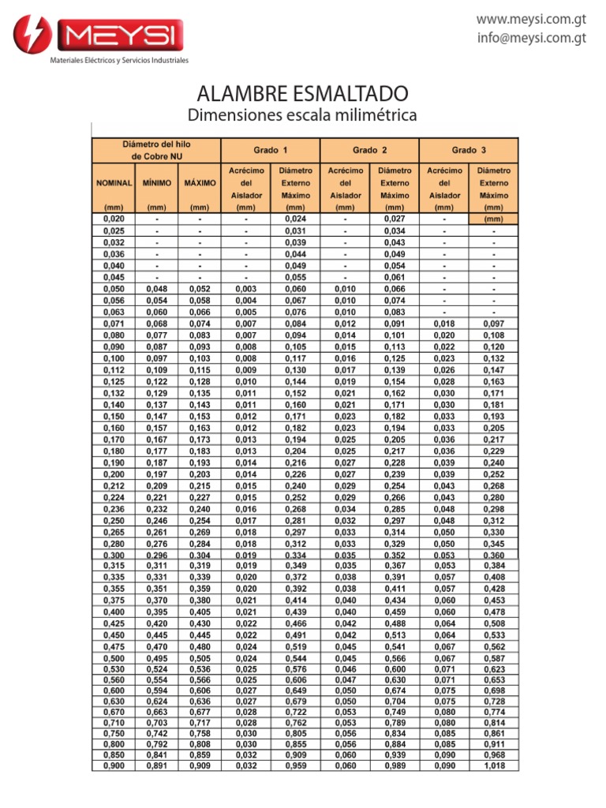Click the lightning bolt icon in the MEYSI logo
(32, 35)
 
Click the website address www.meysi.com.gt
(533, 18)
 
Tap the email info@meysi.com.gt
(533, 37)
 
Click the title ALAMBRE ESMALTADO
(302, 94)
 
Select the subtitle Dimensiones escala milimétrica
(302, 116)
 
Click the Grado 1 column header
(271, 149)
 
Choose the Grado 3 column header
(469, 149)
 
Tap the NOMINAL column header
(114, 182)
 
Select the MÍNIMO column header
(156, 182)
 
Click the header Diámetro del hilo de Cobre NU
(156, 150)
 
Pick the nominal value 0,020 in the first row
(114, 219)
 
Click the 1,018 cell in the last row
(494, 765)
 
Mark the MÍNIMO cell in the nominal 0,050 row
(156, 289)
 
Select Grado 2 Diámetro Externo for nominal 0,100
(394, 359)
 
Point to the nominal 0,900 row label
(114, 765)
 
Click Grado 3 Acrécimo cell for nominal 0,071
(444, 324)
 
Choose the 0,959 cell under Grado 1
(296, 765)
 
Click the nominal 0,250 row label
(114, 522)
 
